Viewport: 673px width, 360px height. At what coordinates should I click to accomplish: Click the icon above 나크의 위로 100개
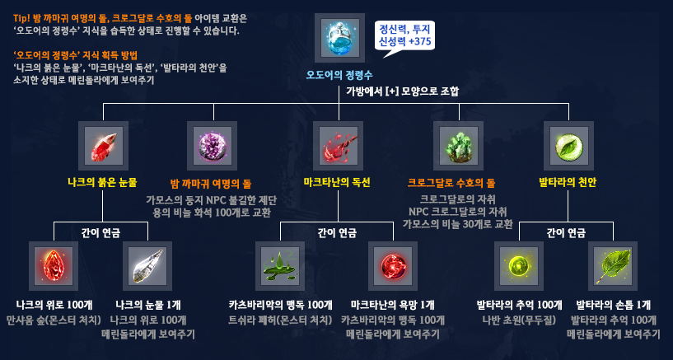coord(53,264)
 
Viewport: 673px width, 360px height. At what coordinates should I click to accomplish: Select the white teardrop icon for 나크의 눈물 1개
coord(146,264)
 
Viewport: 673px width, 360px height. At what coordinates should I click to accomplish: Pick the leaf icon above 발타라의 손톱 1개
coord(614,264)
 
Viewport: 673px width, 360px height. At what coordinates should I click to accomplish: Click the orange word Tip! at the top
coord(21,18)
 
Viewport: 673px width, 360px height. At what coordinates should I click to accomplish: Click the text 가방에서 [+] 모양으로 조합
coord(402,90)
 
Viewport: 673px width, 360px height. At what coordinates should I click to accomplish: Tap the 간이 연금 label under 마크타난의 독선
coord(338,232)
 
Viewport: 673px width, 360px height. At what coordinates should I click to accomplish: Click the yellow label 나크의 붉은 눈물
coord(103,181)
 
